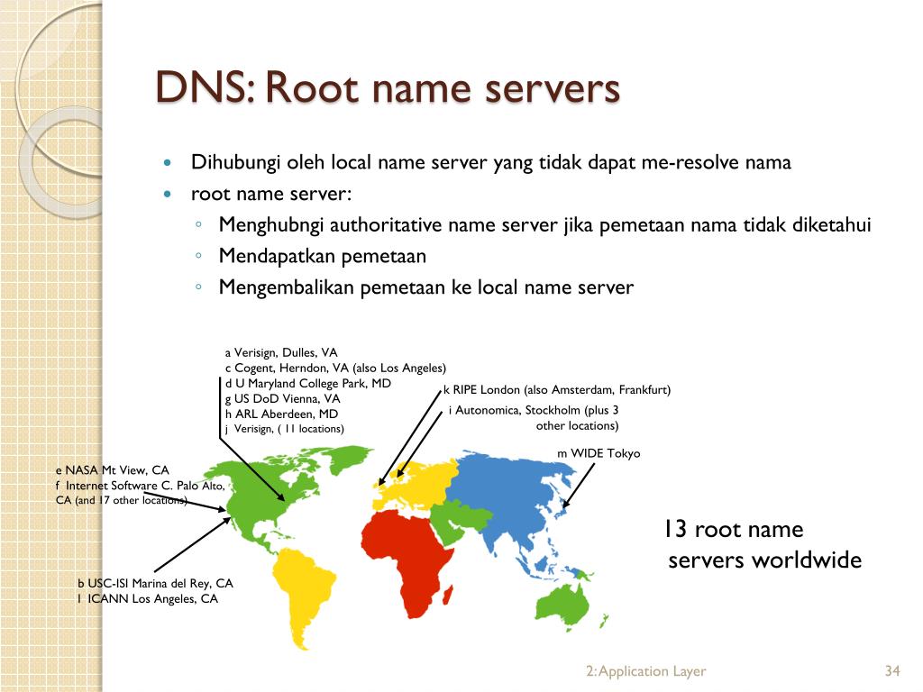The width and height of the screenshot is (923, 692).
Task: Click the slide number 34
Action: pyautogui.click(x=893, y=671)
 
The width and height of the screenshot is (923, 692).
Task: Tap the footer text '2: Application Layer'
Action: pyautogui.click(x=645, y=671)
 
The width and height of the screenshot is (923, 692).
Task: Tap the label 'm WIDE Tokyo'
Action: pyautogui.click(x=599, y=453)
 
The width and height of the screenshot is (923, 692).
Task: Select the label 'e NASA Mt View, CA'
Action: pyautogui.click(x=113, y=470)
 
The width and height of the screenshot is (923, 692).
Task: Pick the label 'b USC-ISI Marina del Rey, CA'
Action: pyautogui.click(x=155, y=583)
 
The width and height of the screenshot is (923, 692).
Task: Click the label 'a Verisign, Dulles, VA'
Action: pyautogui.click(x=281, y=352)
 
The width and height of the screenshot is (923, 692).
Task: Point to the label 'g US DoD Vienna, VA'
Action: pyautogui.click(x=283, y=398)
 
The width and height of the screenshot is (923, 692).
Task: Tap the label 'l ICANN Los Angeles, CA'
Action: pyautogui.click(x=148, y=598)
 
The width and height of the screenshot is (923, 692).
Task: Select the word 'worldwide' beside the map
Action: pyautogui.click(x=807, y=560)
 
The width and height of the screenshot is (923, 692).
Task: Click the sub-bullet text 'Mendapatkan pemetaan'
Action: pyautogui.click(x=322, y=257)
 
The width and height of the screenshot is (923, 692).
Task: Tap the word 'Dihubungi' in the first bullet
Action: pyautogui.click(x=235, y=163)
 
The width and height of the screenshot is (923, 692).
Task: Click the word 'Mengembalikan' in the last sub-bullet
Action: pyautogui.click(x=287, y=287)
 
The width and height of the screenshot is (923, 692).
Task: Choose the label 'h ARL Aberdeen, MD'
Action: pyautogui.click(x=281, y=414)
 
